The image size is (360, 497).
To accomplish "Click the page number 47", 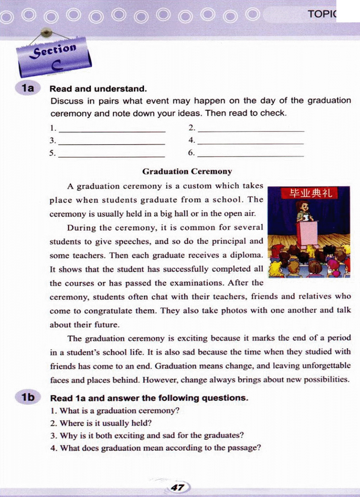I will click(x=178, y=488).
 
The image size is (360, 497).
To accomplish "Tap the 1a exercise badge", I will click(x=28, y=88).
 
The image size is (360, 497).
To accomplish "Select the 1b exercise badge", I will click(x=28, y=397).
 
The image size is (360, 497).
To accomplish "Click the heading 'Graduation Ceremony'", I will click(x=187, y=171).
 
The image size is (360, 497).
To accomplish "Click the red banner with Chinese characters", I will click(x=310, y=193).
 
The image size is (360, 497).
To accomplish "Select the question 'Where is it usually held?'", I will click(x=105, y=423).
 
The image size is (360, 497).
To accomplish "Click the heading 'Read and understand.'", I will click(x=98, y=89).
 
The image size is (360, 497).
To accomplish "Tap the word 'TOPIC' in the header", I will click(x=322, y=14).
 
